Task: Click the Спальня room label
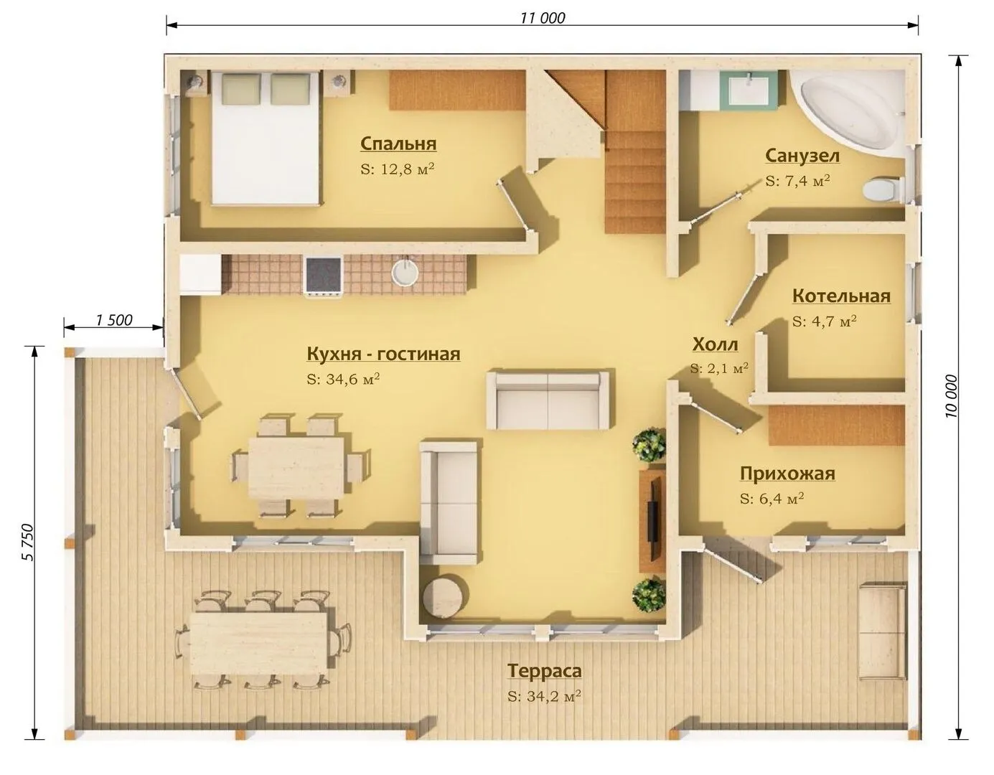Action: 398,144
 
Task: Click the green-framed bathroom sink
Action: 749,90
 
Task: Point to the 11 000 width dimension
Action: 543,18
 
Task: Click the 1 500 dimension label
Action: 114,320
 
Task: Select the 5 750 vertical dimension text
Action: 27,542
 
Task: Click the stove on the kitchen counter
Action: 324,276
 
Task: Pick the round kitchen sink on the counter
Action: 405,273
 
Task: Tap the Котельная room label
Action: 842,296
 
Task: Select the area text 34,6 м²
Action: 344,379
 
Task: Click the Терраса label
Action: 545,671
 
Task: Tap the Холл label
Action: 715,344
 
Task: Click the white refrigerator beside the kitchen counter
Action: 201,276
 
